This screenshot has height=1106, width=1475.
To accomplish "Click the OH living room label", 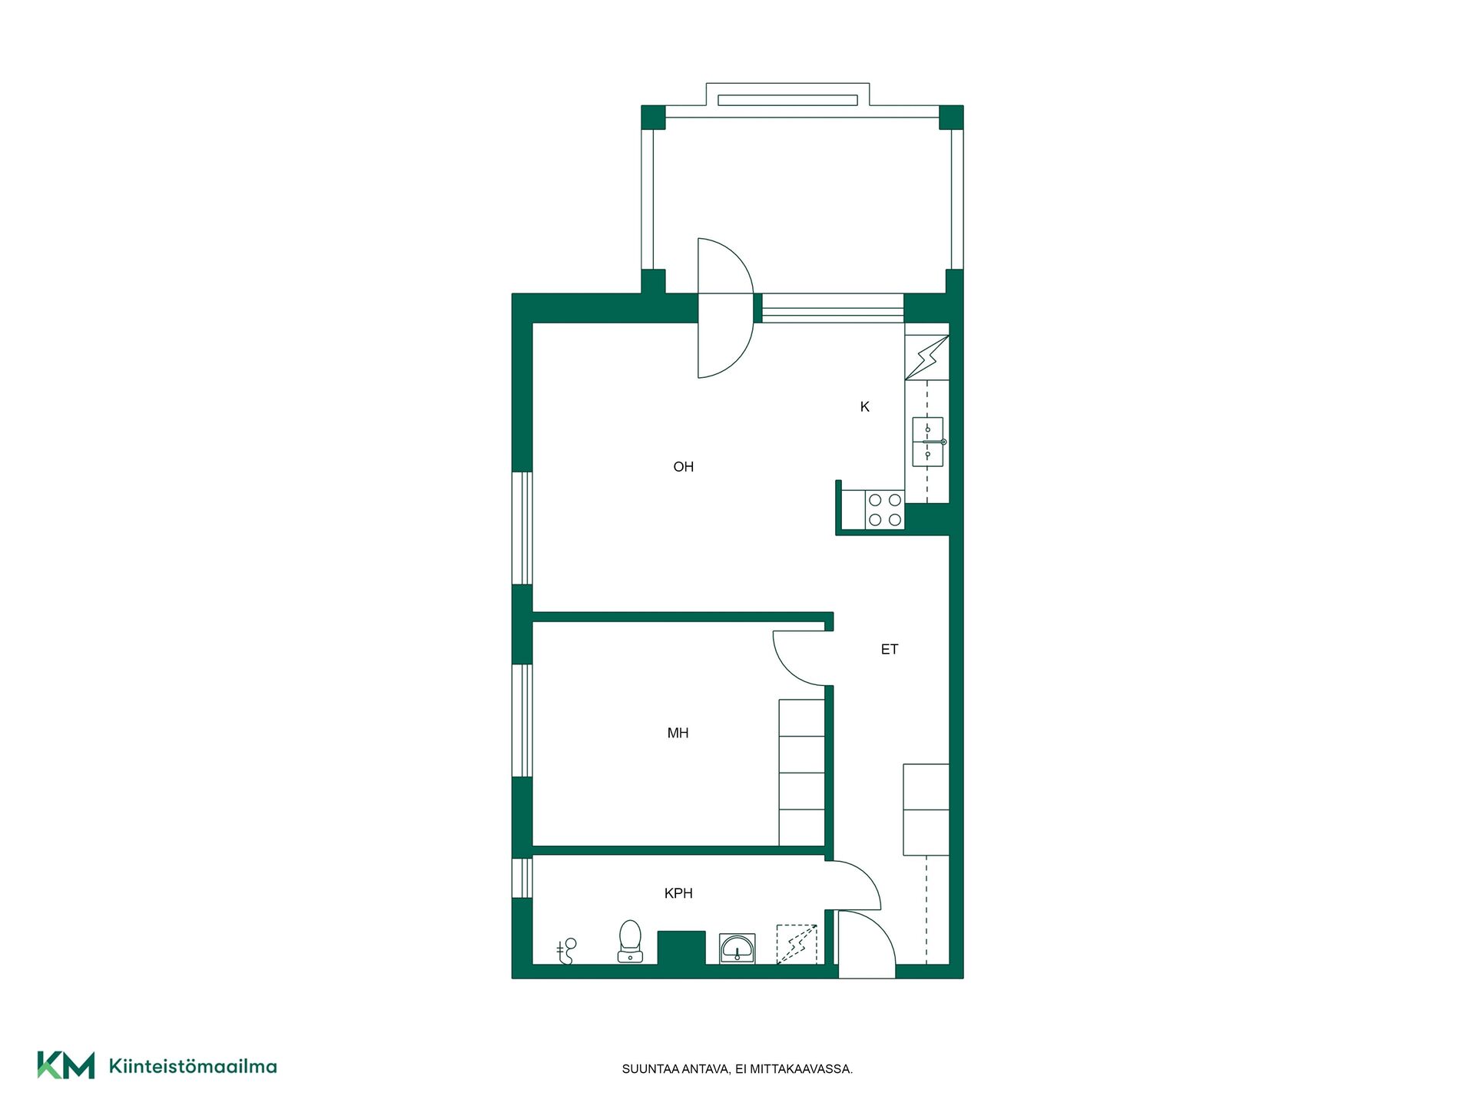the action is [683, 466].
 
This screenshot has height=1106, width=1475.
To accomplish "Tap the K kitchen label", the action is [864, 406].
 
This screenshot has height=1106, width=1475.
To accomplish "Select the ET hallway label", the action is [889, 649].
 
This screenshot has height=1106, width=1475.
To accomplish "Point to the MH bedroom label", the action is [678, 733].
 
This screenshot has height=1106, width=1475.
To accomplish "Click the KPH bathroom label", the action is [678, 893].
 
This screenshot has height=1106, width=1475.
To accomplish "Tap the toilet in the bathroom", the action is [630, 941].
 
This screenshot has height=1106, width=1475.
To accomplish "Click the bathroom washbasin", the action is [737, 949].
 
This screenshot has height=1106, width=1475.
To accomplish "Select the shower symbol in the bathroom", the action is [566, 951].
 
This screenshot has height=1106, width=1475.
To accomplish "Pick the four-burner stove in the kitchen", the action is [885, 510].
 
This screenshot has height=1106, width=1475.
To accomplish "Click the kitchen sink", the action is [928, 442].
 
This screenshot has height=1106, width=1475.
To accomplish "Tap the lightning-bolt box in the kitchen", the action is [927, 357].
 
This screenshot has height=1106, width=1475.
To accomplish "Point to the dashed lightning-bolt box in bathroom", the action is [797, 944].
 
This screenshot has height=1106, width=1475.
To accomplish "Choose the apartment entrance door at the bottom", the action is [867, 945].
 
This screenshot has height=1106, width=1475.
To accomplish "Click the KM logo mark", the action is [66, 1065].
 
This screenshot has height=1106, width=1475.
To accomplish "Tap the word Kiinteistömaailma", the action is [193, 1066].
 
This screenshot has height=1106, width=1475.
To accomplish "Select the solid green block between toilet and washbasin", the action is [681, 948].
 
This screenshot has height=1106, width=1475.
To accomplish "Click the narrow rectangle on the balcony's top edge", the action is [787, 101].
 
